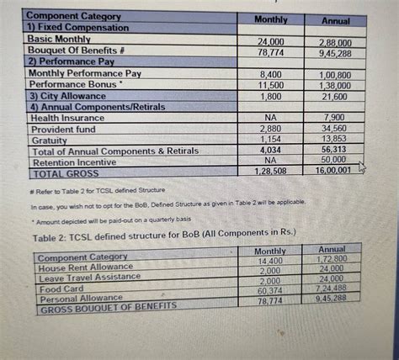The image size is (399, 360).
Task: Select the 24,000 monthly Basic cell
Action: coord(270,42)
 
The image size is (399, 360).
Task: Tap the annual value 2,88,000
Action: coord(336,43)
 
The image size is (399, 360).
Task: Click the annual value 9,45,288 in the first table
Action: coord(336,52)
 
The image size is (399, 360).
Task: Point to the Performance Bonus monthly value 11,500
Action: coord(270,86)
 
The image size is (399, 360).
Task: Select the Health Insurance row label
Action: coord(67,119)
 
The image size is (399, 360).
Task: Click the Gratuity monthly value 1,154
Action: coord(270,137)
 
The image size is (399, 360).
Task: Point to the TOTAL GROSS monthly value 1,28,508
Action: coord(270,170)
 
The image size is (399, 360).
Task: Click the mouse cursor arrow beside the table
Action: coord(362,167)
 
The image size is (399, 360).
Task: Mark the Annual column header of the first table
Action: coord(336,20)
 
